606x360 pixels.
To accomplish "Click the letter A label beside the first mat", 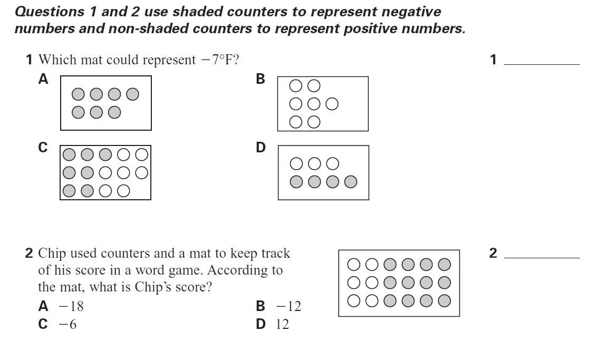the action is pos(43,79).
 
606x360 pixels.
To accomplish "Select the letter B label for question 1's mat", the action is pos(260,79).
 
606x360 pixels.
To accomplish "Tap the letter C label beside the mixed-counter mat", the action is pos(43,148).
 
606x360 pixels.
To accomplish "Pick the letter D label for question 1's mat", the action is pos(261,148).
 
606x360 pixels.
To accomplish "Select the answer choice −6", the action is pos(67,324).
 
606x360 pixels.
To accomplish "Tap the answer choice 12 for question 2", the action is pos(282,324).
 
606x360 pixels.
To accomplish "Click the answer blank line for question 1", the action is pos(542,64).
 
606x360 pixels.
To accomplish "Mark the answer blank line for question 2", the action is pos(542,257).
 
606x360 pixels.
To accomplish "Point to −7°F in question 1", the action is pos(217,60).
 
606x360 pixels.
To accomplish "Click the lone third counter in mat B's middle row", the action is pos(332,104).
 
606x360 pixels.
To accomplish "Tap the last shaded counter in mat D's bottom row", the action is pos(351,182).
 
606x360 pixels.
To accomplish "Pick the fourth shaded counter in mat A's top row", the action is pos(133,94).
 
